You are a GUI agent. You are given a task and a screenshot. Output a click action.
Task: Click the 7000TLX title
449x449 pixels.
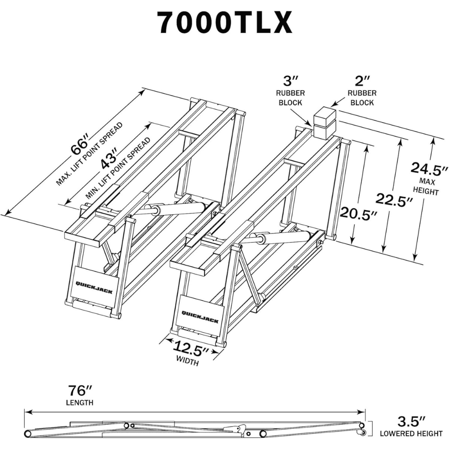pyautogui.click(x=224, y=23)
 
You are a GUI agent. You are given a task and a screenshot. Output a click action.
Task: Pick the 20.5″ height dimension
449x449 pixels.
pyautogui.click(x=358, y=215)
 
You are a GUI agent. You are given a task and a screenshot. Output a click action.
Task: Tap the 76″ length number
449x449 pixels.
pyautogui.click(x=81, y=390)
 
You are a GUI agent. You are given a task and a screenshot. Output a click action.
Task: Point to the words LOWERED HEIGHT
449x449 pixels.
pyautogui.click(x=411, y=434)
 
